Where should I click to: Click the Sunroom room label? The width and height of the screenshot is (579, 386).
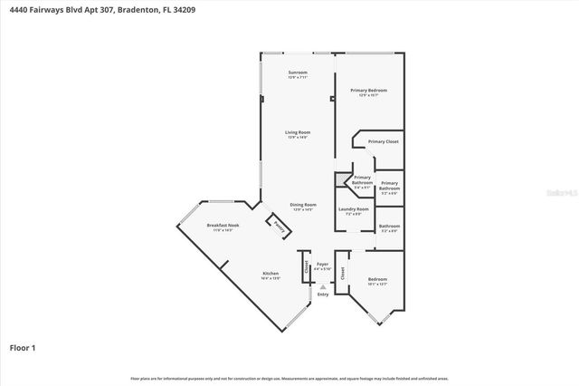tap(298, 72)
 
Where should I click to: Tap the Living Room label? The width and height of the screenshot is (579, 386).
tap(298, 133)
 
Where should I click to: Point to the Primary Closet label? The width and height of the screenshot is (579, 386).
tap(383, 141)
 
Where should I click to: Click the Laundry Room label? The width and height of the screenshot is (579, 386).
tap(354, 209)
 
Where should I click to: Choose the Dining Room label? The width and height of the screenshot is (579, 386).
tap(303, 205)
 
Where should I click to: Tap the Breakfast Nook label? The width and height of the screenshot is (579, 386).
tap(222, 225)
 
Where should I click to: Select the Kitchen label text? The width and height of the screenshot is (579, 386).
tap(271, 274)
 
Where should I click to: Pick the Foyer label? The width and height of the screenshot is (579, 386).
tap(322, 264)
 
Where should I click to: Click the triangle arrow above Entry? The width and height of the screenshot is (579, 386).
tap(323, 286)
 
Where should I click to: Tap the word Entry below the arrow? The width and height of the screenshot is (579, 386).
tap(323, 294)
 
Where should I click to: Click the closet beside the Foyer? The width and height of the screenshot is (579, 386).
tap(308, 266)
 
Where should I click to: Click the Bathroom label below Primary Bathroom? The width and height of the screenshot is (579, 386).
tap(389, 227)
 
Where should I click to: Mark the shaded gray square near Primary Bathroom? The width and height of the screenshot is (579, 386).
tap(343, 179)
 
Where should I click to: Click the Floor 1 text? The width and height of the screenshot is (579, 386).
tap(22, 347)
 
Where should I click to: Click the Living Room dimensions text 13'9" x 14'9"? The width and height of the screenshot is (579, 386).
tap(298, 138)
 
